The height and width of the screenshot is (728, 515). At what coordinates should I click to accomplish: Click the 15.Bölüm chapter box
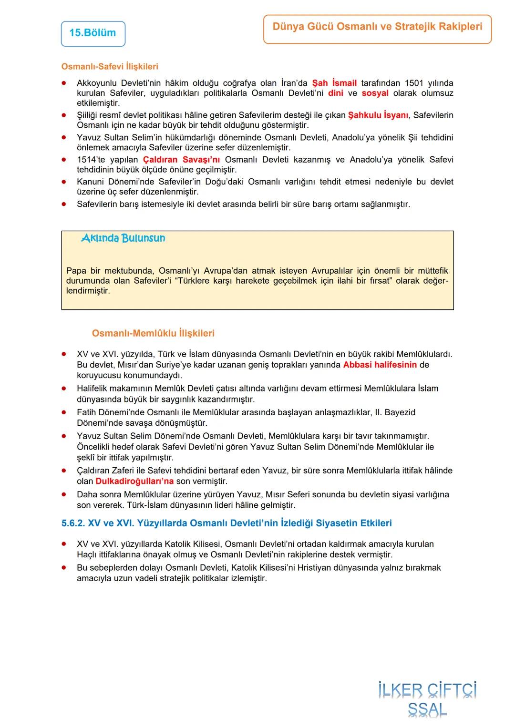[93, 33]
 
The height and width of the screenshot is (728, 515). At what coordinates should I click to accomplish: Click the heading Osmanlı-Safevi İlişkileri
[110, 67]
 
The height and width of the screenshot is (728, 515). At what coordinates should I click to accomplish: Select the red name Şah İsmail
[334, 83]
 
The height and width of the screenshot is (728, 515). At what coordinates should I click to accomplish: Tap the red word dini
[336, 93]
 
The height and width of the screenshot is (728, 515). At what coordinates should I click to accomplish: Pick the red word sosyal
[375, 93]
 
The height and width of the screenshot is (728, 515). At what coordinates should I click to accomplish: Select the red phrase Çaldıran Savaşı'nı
[181, 160]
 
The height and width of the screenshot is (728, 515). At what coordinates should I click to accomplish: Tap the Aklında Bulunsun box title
[123, 238]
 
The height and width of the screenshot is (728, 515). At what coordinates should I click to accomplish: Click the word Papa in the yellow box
[76, 271]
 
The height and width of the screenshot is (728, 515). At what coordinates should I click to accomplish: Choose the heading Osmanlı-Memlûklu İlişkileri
[153, 333]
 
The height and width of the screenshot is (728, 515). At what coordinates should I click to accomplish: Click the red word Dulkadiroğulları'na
[134, 481]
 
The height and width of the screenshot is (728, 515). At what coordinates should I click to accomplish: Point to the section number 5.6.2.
[73, 523]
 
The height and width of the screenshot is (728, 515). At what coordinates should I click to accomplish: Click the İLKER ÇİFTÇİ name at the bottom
[427, 691]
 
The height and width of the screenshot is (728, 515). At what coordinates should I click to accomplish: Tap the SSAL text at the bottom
[427, 710]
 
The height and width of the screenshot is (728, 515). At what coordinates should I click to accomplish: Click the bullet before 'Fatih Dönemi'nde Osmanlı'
[63, 412]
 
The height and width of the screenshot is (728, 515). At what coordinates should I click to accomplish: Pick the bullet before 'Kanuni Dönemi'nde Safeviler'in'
[63, 182]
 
